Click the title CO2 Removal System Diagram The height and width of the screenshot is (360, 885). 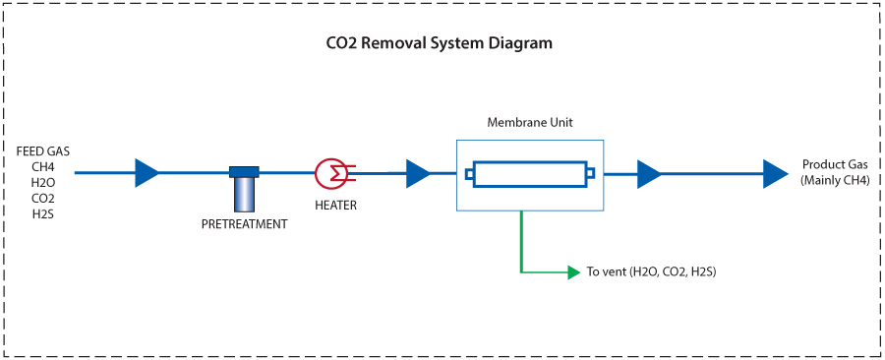tap(439, 44)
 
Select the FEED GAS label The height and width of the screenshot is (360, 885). tap(42, 150)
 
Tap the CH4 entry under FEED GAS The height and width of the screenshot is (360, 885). tap(42, 166)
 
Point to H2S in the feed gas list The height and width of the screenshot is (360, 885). tap(42, 213)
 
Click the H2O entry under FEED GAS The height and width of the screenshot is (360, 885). tap(42, 182)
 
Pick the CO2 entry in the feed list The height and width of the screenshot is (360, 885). tap(42, 198)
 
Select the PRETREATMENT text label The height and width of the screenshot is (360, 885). tap(244, 224)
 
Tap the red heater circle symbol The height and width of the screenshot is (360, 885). tap(328, 173)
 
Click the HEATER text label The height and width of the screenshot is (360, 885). tap(335, 206)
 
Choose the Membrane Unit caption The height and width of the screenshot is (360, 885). tap(530, 123)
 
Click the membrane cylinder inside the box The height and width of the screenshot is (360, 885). tap(530, 174)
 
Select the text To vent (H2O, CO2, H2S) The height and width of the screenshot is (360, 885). tap(651, 271)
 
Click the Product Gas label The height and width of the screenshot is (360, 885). tap(835, 164)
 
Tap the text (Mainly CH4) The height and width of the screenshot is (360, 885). tap(835, 180)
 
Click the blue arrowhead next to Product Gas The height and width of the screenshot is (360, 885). tap(776, 174)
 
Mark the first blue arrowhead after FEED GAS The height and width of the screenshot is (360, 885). tap(147, 173)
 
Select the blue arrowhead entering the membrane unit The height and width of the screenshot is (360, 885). tap(417, 174)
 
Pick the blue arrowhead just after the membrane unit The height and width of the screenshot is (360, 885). tap(648, 174)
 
